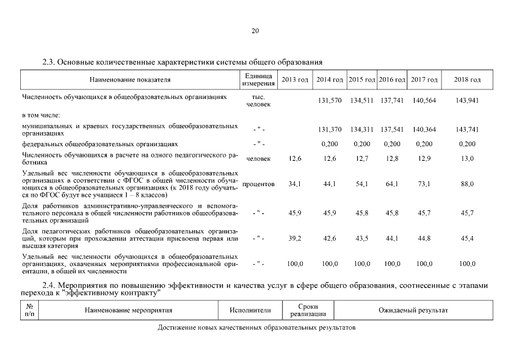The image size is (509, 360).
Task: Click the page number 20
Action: point(255,31)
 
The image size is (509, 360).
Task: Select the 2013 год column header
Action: point(295,80)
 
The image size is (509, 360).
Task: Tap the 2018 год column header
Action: point(467,80)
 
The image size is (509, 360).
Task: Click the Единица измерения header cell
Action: point(258,80)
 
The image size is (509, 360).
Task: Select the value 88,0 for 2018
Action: point(467,184)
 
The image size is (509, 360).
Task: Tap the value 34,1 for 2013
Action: point(295,184)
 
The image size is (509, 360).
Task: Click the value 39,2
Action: point(295,238)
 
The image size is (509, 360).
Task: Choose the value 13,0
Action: point(467,159)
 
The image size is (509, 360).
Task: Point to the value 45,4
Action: point(467,238)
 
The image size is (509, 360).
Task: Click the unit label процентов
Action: point(258,184)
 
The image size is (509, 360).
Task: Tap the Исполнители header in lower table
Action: point(250,310)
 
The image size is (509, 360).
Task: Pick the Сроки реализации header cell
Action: point(308,310)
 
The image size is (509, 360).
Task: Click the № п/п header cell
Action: point(29,310)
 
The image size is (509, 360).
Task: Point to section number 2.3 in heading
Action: point(49,61)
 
